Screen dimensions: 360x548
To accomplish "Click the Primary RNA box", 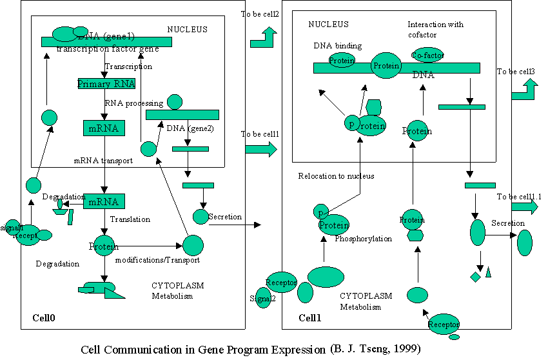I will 106,84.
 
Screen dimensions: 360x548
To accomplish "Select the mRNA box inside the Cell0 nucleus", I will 103,128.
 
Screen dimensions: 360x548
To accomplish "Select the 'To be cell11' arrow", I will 260,150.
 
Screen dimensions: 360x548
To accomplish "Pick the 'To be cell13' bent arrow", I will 524,91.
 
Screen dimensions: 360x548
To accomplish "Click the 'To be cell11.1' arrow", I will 524,207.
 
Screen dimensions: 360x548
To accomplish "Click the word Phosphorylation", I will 363,239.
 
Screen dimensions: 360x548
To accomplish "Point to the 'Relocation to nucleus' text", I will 336,176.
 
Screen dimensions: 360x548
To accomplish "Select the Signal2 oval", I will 263,298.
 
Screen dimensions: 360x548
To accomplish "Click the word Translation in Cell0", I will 130,219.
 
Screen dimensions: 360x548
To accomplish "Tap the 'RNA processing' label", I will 134,103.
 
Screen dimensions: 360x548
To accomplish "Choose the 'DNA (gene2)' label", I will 190,128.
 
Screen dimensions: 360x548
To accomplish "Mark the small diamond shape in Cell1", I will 475,277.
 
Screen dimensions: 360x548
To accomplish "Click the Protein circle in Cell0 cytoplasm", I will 104,246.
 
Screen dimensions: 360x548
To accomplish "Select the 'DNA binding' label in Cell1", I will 337,46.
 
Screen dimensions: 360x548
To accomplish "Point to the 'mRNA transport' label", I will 103,161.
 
